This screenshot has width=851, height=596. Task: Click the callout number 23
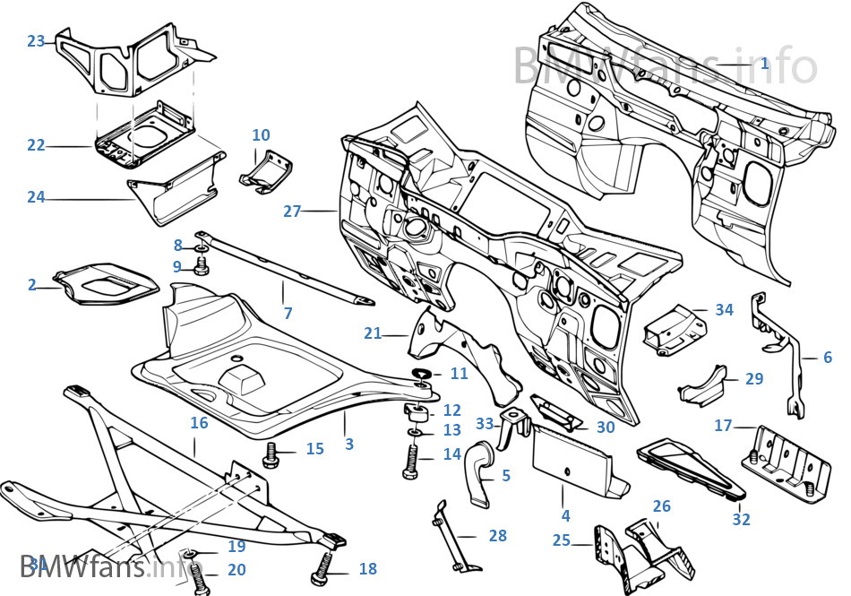click(x=36, y=41)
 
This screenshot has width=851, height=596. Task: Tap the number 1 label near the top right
click(x=763, y=64)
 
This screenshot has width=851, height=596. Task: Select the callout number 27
click(x=292, y=212)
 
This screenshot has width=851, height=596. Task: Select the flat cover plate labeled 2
click(x=106, y=281)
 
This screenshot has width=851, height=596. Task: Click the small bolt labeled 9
click(x=201, y=265)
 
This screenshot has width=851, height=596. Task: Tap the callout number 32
click(x=741, y=519)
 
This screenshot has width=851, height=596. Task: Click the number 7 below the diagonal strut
click(x=288, y=313)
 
